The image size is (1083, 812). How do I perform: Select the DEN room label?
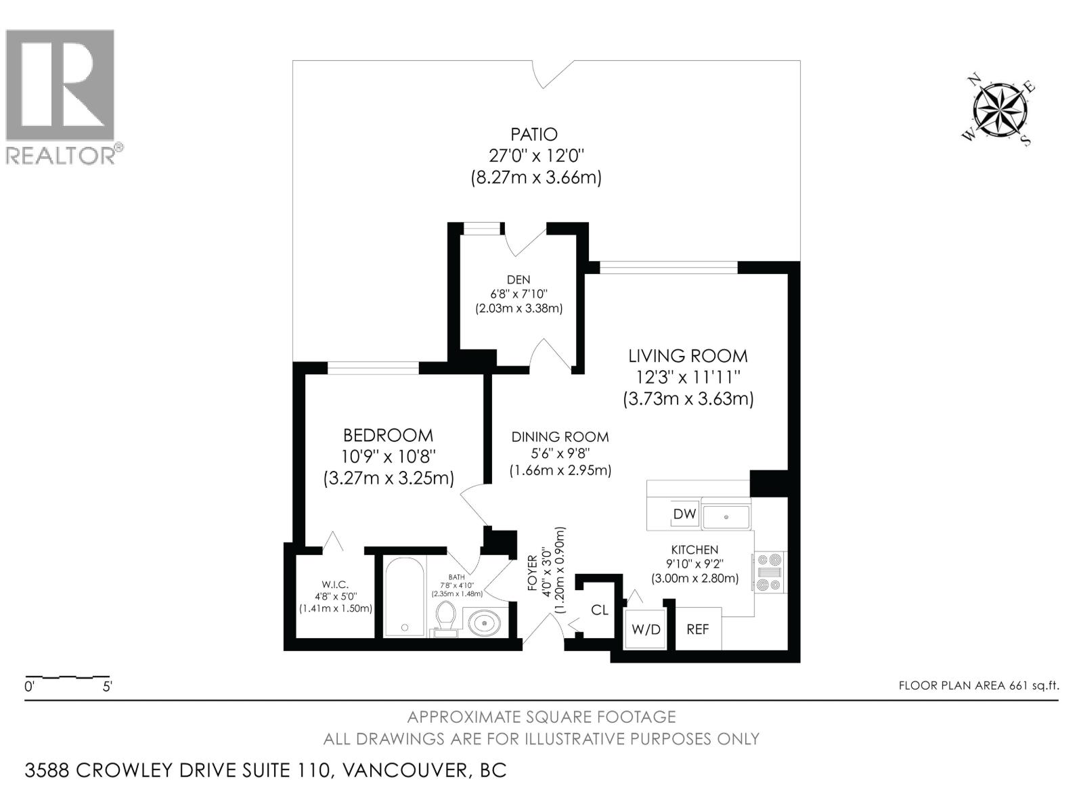(518, 279)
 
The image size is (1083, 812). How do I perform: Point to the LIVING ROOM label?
(688, 356)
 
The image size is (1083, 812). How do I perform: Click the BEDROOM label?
(388, 435)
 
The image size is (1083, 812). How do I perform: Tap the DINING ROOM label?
(560, 437)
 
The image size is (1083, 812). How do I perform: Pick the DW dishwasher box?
(684, 514)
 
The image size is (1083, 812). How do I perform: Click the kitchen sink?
(726, 516)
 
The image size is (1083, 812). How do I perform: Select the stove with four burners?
(770, 572)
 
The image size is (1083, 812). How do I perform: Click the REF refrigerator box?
(698, 629)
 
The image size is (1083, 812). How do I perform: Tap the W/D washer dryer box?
(646, 629)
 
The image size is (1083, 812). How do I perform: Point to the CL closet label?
(600, 610)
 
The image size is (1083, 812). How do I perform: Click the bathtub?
(405, 597)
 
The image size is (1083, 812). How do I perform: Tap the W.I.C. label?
(335, 585)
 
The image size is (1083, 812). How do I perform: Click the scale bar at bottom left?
(68, 677)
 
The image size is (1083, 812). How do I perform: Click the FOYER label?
(532, 572)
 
